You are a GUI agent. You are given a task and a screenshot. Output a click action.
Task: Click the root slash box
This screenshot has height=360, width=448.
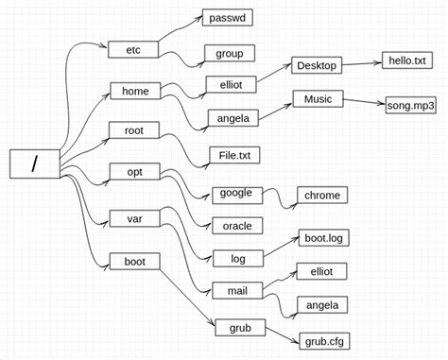click(x=35, y=163)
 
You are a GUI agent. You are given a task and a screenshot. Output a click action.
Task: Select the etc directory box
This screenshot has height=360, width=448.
click(x=132, y=49)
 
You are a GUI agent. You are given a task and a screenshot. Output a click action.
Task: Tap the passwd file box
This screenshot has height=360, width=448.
click(x=228, y=18)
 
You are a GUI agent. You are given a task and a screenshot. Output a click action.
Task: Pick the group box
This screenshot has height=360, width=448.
click(x=230, y=54)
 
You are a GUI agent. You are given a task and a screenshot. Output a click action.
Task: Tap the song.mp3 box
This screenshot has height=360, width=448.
click(x=411, y=106)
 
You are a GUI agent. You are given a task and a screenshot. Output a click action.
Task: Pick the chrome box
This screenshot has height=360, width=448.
click(x=321, y=196)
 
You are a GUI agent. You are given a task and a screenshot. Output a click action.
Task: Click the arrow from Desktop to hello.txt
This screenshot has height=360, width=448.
click(x=361, y=65)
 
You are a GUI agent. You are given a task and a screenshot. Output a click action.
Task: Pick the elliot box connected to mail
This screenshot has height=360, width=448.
click(x=321, y=271)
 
